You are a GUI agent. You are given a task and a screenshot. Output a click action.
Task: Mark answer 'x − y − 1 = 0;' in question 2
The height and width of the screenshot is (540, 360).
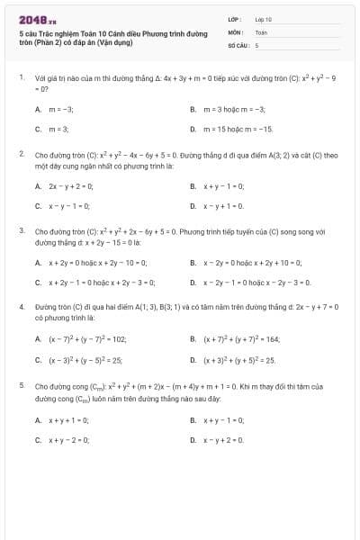coord(68,205)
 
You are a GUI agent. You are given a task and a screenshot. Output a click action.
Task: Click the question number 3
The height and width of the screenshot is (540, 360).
coord(21,230)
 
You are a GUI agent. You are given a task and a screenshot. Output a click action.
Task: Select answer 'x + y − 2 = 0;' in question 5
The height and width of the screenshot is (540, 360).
coord(67,439)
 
